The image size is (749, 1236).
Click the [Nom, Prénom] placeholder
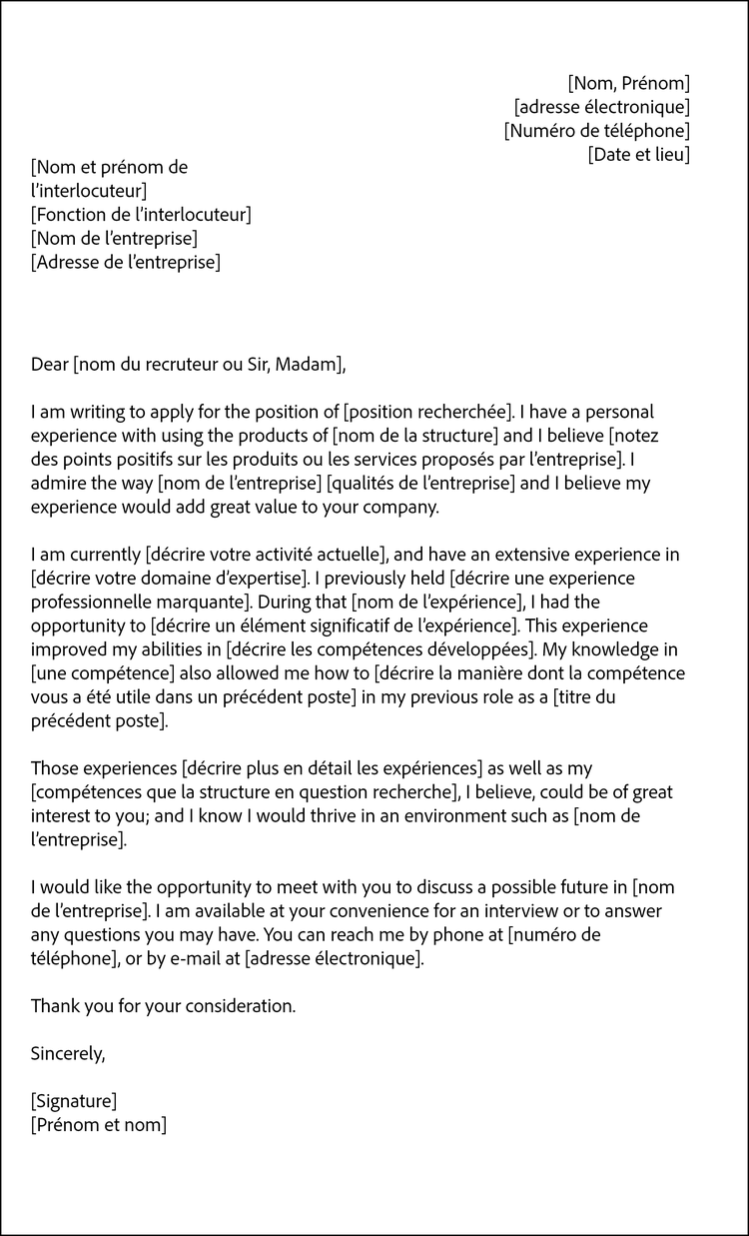coord(628,83)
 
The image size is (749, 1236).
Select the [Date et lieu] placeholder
coord(638,155)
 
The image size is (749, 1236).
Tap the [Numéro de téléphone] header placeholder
coord(596,131)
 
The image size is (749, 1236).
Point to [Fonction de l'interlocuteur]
coord(141,215)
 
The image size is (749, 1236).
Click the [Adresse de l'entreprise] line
coord(126,263)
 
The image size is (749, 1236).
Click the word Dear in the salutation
coord(50,364)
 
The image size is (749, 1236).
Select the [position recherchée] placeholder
coord(427,412)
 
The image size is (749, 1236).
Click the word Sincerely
coord(67,1053)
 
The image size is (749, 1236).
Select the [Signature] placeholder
coord(74,1102)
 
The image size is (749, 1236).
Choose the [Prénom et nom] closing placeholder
coord(99,1126)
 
